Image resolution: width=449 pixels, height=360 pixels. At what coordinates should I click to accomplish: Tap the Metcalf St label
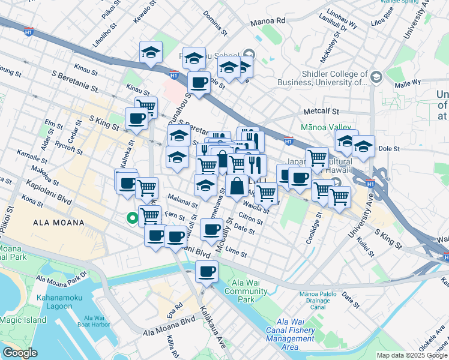[x=321, y=112]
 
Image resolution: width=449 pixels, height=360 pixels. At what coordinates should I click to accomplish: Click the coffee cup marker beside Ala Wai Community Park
[x=206, y=271]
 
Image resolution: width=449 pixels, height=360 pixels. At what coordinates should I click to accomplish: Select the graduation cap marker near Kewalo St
[x=151, y=52]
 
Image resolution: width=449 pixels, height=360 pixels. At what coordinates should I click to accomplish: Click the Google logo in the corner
[x=20, y=353]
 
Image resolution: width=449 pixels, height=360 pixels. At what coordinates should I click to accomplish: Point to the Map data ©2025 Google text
[x=411, y=355]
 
